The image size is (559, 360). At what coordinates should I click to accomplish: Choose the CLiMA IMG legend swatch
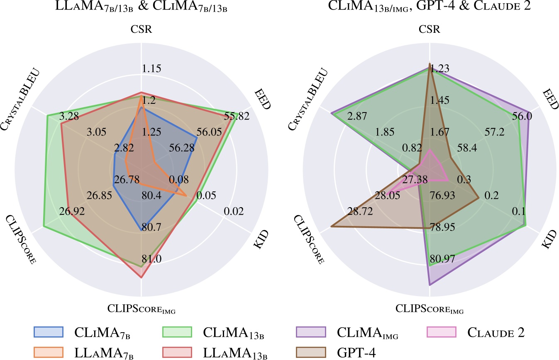click(x=311, y=332)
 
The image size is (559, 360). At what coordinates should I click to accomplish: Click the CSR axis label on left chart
click(x=142, y=30)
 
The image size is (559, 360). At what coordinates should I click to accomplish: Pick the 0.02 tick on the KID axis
click(x=233, y=212)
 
